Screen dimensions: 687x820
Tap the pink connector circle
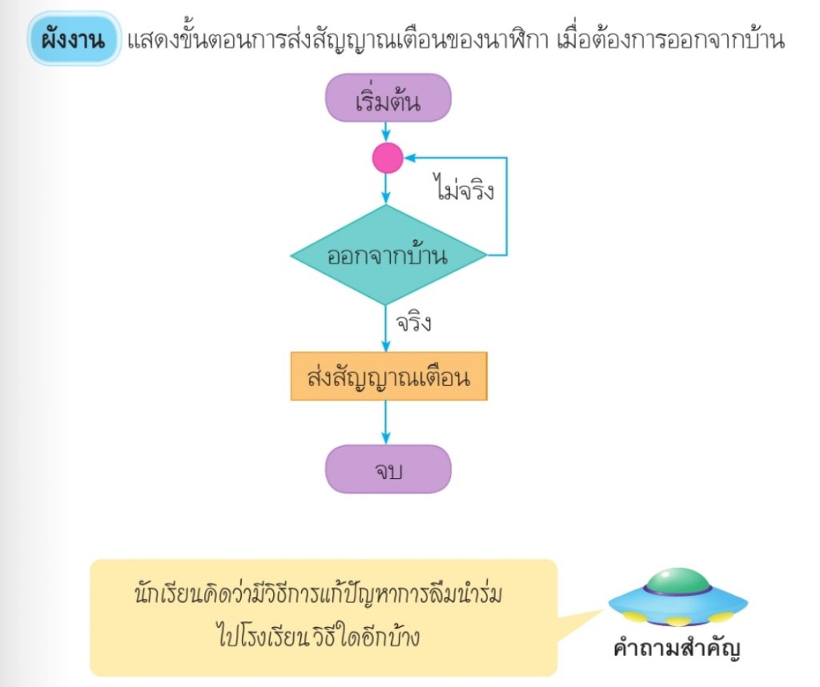tap(388, 159)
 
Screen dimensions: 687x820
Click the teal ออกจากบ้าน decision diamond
tap(388, 255)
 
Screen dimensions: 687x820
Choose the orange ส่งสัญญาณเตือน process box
tap(388, 376)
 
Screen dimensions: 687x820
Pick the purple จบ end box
tap(388, 469)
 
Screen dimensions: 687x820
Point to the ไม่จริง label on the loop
tap(463, 191)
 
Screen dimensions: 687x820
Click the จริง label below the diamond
tap(413, 324)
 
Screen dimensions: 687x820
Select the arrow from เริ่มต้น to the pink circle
tap(388, 131)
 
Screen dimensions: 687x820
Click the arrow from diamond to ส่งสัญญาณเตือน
tap(388, 328)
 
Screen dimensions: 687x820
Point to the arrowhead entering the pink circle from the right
tap(408, 159)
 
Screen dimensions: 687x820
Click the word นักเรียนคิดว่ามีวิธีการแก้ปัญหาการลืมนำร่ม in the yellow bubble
tap(324, 597)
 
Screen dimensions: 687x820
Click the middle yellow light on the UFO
tap(677, 621)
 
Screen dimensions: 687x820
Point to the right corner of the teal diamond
tap(484, 255)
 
